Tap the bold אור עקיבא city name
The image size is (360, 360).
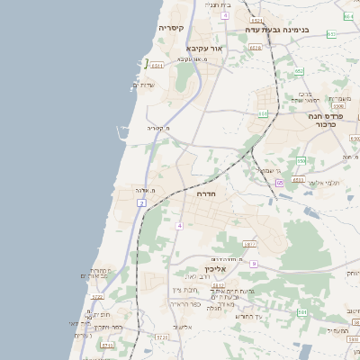click(x=203, y=48)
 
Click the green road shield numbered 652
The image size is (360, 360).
click(x=299, y=71)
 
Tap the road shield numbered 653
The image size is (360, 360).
click(x=331, y=34)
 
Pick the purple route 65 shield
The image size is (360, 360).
click(x=280, y=183)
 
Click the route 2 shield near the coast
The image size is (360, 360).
click(x=141, y=203)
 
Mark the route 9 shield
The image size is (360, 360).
click(x=255, y=264)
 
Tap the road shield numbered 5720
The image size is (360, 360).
click(x=162, y=337)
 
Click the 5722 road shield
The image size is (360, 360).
click(x=98, y=296)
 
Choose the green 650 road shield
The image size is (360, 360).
click(x=301, y=160)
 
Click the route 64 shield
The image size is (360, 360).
click(x=348, y=16)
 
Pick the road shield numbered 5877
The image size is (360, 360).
click(x=249, y=244)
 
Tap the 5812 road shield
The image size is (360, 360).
click(x=218, y=285)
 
